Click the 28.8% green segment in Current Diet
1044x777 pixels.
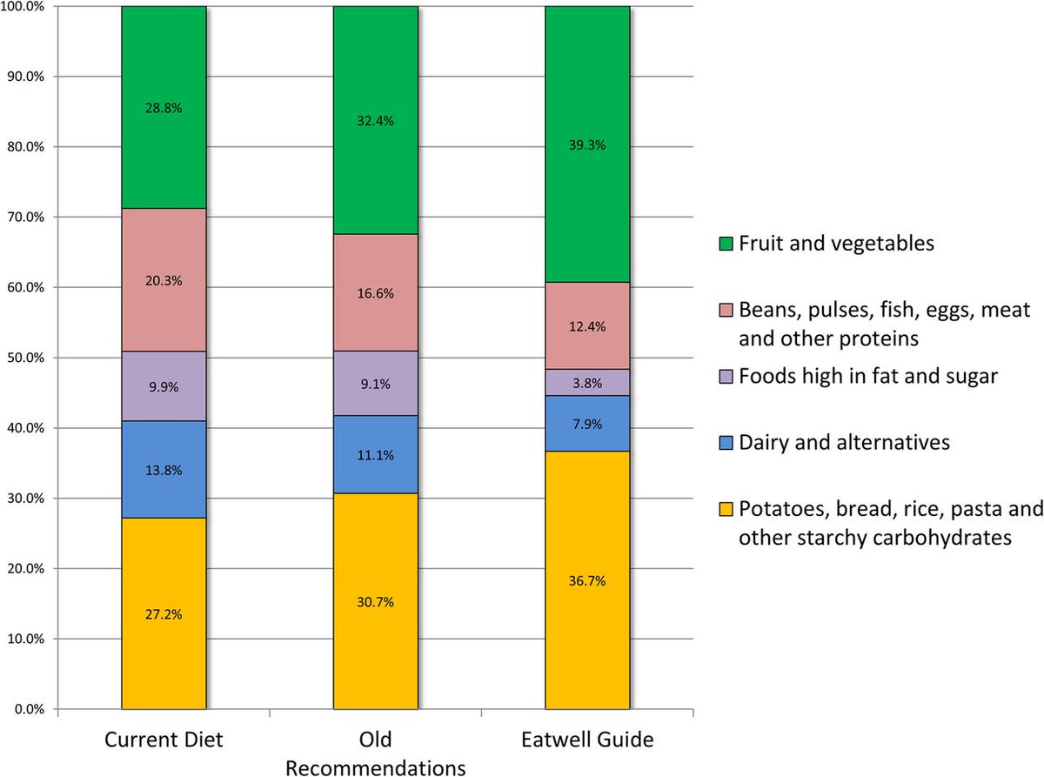(164, 108)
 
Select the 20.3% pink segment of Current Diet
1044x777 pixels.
(164, 280)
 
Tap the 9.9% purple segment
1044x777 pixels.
(164, 386)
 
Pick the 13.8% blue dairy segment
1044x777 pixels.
(164, 470)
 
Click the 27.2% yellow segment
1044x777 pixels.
(164, 613)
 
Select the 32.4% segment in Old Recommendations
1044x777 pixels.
(376, 121)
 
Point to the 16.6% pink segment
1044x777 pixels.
(376, 293)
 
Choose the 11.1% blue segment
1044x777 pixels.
(376, 454)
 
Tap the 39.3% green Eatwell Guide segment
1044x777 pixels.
(587, 144)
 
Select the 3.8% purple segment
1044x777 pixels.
(587, 382)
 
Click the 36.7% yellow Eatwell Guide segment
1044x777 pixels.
(587, 579)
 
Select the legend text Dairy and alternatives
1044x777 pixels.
(844, 442)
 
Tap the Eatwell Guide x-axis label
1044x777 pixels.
(587, 740)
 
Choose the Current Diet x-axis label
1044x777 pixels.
(164, 740)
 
